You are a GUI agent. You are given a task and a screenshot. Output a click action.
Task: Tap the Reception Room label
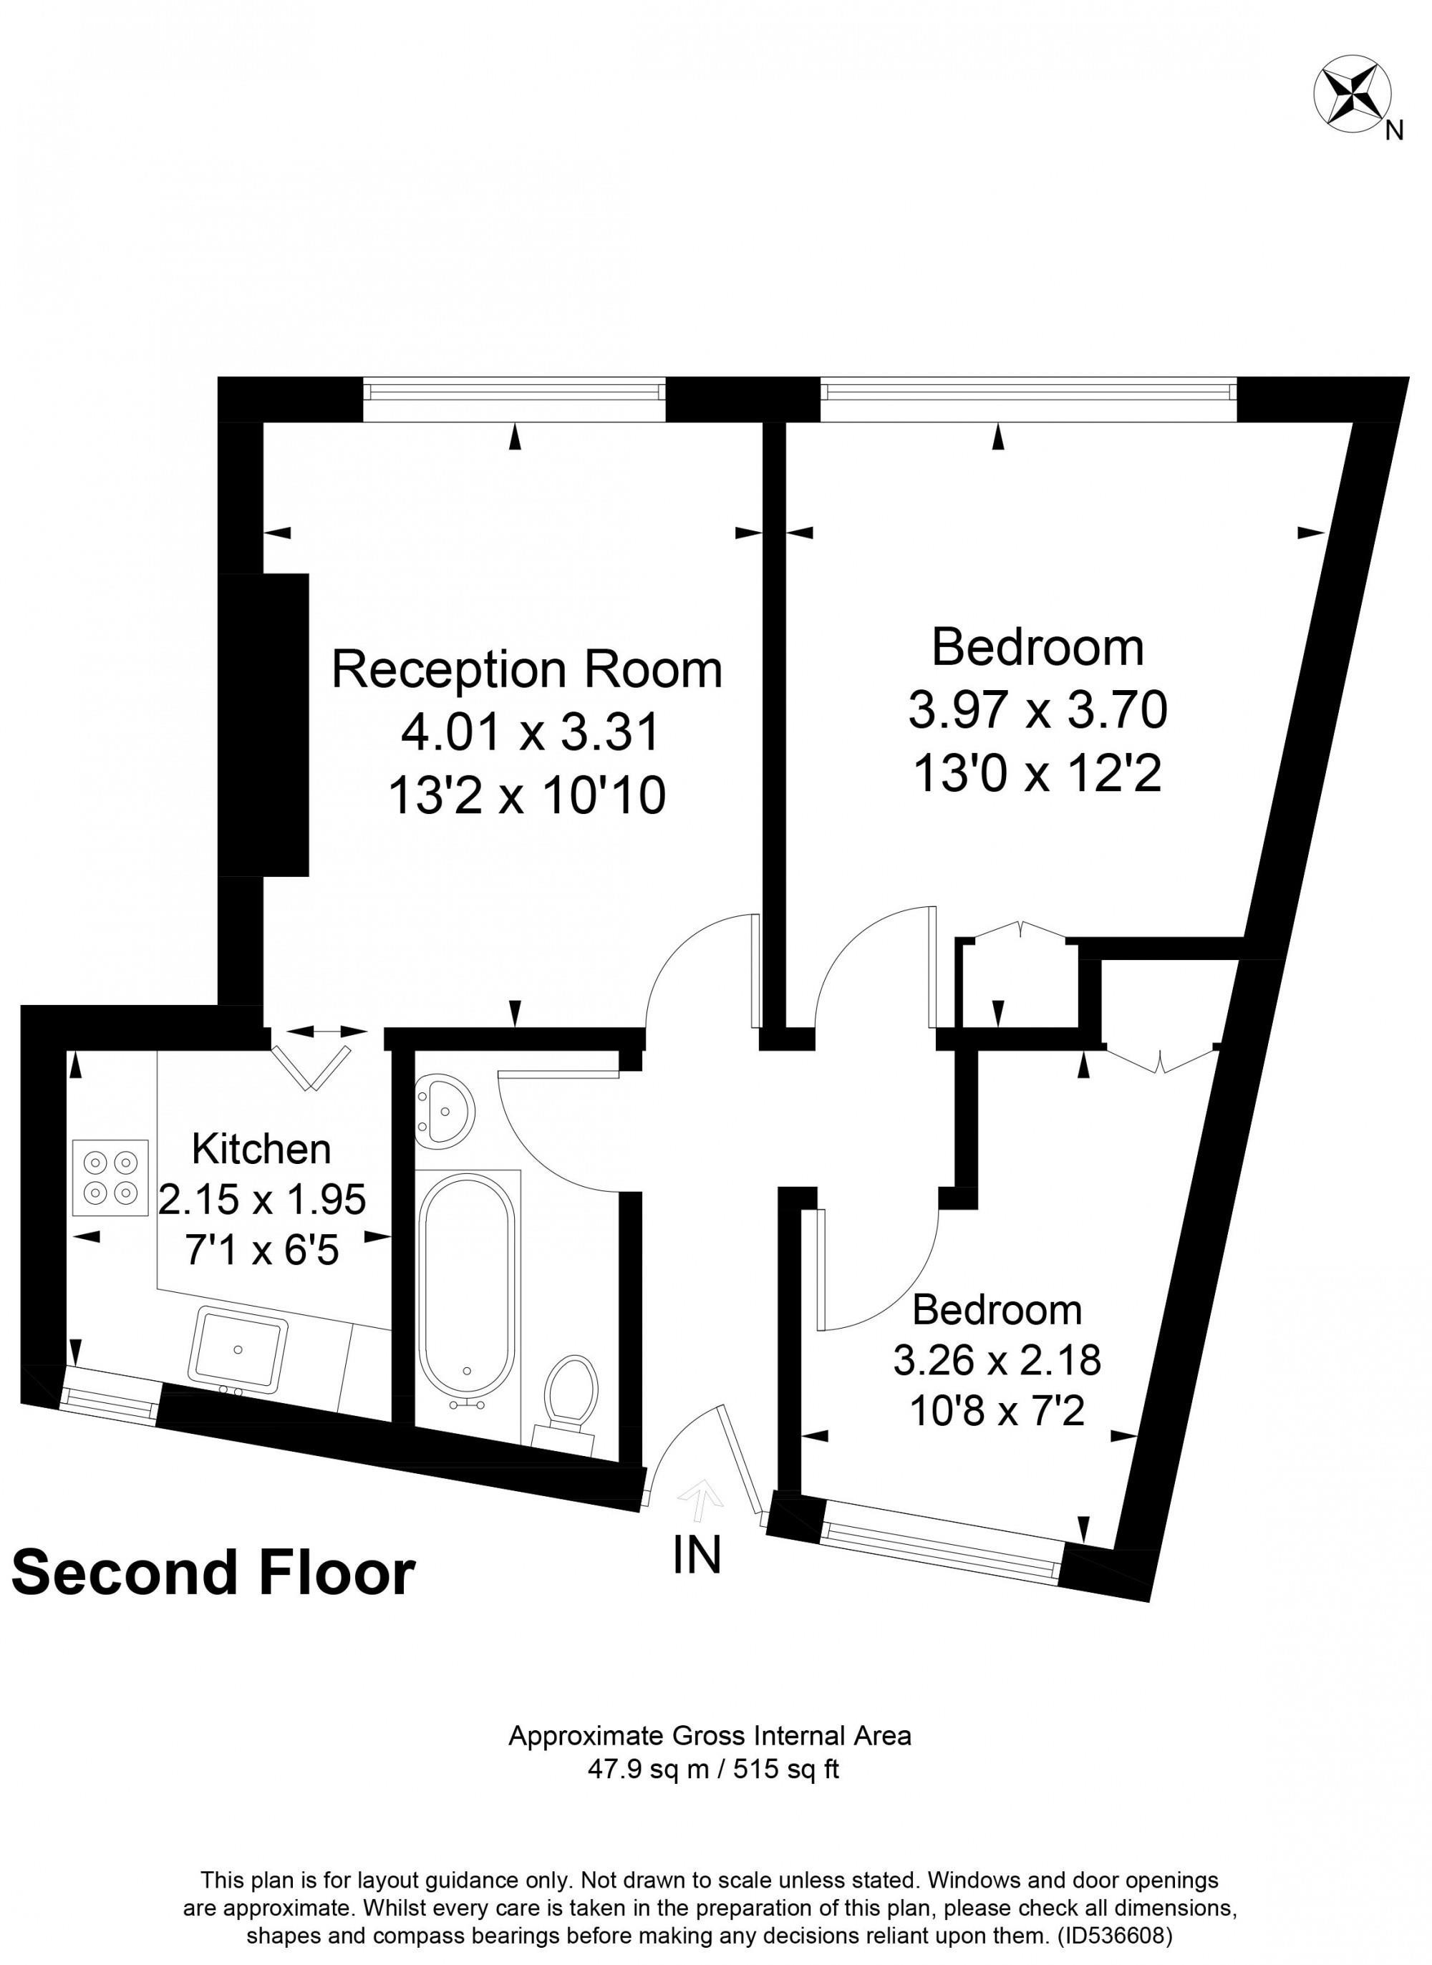click(x=527, y=670)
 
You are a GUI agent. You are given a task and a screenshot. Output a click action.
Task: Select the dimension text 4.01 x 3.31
click(x=531, y=733)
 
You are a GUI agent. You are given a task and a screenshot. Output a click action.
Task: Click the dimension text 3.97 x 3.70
click(x=1037, y=710)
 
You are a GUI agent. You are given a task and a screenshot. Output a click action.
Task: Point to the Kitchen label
click(x=262, y=1149)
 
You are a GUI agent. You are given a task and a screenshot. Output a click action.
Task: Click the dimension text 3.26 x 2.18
click(x=997, y=1359)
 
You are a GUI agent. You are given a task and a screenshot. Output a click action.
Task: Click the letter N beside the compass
click(x=1394, y=131)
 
